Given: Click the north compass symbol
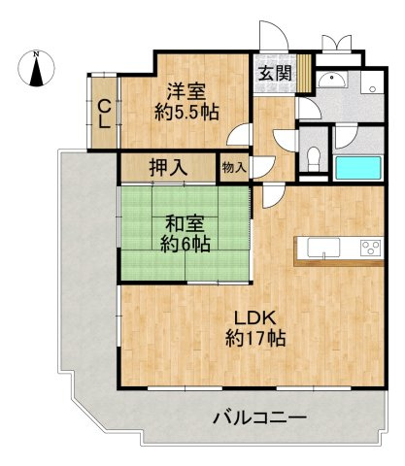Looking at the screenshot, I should [x=36, y=69].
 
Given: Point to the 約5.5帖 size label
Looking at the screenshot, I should [x=185, y=113].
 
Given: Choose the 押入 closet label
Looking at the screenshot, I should [x=168, y=167].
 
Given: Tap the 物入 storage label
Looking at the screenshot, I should [x=234, y=167].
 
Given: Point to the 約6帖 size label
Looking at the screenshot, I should [x=185, y=245].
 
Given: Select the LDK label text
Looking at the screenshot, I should [x=255, y=317].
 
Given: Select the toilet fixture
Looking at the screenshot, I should [x=310, y=156].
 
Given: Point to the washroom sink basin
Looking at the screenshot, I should [x=333, y=82].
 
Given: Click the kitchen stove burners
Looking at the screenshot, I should [x=371, y=247].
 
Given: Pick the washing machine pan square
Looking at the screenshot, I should [x=371, y=81].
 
